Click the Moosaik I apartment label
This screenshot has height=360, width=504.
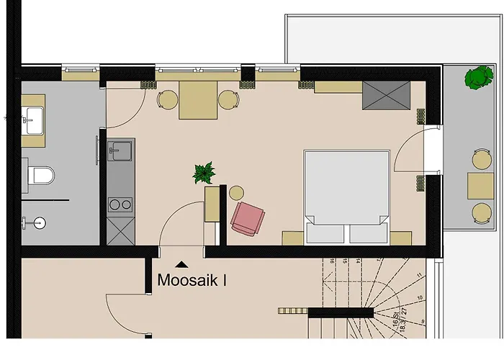(192, 279)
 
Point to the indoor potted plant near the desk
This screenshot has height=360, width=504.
(204, 173)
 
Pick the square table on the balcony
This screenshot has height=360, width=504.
(480, 185)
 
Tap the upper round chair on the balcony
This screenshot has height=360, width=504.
(480, 158)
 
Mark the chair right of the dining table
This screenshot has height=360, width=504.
(228, 101)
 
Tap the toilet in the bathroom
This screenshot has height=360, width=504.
(40, 175)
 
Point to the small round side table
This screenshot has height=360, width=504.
(236, 192)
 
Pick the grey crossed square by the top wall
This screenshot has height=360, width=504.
(387, 94)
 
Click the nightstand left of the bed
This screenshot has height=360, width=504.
(292, 238)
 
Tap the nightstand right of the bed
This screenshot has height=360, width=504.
(400, 238)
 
